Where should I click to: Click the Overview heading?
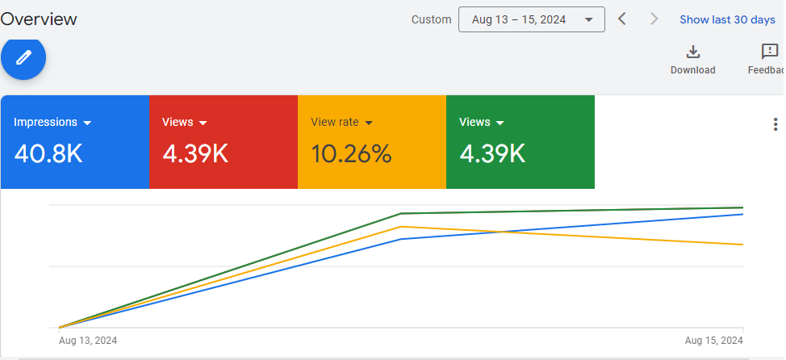pyautogui.click(x=39, y=19)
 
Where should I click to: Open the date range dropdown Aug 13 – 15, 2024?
pyautogui.click(x=531, y=19)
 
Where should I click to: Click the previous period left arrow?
pyautogui.click(x=621, y=19)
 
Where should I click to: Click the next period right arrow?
pyautogui.click(x=654, y=19)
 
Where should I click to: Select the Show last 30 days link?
pyautogui.click(x=727, y=19)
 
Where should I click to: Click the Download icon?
pyautogui.click(x=692, y=52)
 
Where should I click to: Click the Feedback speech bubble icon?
pyautogui.click(x=770, y=52)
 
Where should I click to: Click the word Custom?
pyautogui.click(x=431, y=19)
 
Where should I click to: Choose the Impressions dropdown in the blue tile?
pyautogui.click(x=53, y=123)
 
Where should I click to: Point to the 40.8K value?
pyautogui.click(x=48, y=153)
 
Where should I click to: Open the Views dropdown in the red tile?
pyautogui.click(x=185, y=123)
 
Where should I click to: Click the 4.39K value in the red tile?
pyautogui.click(x=195, y=153)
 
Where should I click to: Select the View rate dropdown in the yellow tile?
pyautogui.click(x=341, y=123)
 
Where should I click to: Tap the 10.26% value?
pyautogui.click(x=351, y=153)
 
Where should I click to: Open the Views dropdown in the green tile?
pyautogui.click(x=482, y=123)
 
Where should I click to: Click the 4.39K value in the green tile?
pyautogui.click(x=492, y=153)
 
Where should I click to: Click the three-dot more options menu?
pyautogui.click(x=776, y=124)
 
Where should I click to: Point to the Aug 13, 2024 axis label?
pyautogui.click(x=88, y=341)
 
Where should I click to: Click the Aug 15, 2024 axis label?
pyautogui.click(x=713, y=341)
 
